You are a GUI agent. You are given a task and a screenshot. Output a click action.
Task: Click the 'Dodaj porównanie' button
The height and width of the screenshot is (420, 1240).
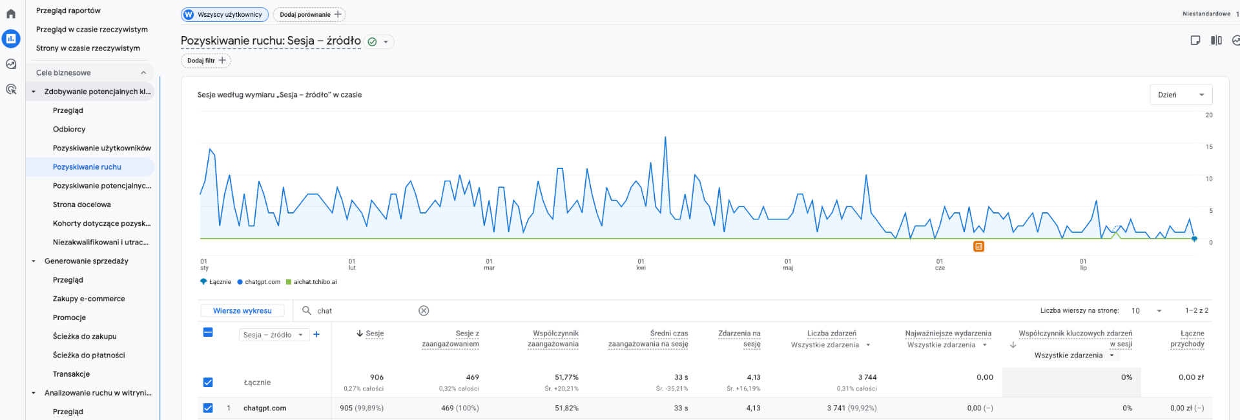pyautogui.click(x=309, y=14)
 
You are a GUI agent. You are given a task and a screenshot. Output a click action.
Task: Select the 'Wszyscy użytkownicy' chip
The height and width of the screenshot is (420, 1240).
pyautogui.click(x=225, y=14)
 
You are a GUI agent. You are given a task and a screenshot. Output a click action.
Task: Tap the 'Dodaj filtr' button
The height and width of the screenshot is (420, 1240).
pyautogui.click(x=205, y=61)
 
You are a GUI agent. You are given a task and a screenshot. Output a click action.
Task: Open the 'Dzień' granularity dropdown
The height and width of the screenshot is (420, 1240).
pyautogui.click(x=1181, y=95)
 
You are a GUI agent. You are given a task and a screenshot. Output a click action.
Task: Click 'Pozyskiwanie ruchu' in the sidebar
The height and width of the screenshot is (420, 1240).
pyautogui.click(x=87, y=167)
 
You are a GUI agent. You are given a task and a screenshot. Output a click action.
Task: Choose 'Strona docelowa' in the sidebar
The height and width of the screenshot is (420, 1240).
pyautogui.click(x=82, y=205)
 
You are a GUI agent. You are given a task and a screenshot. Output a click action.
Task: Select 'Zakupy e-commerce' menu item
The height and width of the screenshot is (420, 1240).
pyautogui.click(x=89, y=299)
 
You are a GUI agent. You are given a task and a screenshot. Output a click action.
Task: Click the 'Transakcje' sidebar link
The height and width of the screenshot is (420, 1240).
pyautogui.click(x=72, y=374)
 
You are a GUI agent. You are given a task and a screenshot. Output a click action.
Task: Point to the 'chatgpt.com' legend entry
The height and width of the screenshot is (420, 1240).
pyautogui.click(x=259, y=282)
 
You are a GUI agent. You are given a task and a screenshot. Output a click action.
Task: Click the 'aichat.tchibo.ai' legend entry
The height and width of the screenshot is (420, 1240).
pyautogui.click(x=311, y=282)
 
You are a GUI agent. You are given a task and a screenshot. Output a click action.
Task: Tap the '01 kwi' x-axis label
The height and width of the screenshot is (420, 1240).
pyautogui.click(x=641, y=265)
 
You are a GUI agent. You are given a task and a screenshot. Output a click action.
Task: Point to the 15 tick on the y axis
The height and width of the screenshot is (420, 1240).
pyautogui.click(x=1209, y=147)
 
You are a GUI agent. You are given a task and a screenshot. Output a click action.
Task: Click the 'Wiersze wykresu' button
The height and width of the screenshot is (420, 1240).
pyautogui.click(x=242, y=311)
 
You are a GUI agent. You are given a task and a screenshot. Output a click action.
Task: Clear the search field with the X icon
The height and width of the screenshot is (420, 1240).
pyautogui.click(x=424, y=311)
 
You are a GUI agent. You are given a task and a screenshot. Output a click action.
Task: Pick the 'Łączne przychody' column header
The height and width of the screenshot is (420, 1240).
pyautogui.click(x=1187, y=339)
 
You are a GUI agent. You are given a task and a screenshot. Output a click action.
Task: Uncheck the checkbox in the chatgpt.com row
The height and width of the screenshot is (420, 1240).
pyautogui.click(x=208, y=408)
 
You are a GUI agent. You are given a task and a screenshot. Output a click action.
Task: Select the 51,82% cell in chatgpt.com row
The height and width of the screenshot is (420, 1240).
pyautogui.click(x=566, y=408)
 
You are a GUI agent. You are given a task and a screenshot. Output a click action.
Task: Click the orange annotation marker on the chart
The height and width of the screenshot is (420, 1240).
pyautogui.click(x=979, y=246)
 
